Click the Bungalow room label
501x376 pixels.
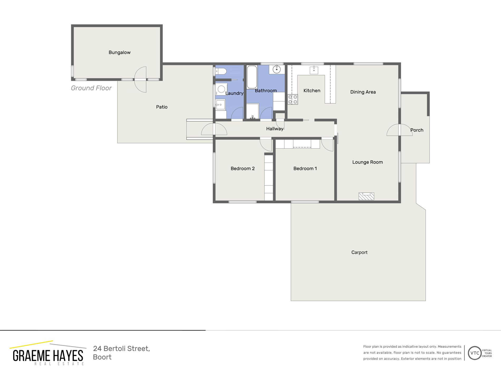coord(119,52)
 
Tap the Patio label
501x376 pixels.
coord(162,107)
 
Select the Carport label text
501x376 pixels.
coord(359,252)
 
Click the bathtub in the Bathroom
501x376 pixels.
coord(252,77)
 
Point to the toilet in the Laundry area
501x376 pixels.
coord(221,71)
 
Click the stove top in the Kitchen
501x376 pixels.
coord(293,99)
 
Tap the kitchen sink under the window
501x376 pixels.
coord(314,70)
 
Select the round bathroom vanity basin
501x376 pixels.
coord(276,70)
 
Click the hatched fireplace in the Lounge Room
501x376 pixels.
coord(366,196)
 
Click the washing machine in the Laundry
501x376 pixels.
coord(221,89)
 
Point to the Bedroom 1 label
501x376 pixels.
coord(305,168)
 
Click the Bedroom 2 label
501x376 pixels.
coord(243,168)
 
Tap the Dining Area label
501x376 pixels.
coord(363,92)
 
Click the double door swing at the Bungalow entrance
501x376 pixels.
coord(141,79)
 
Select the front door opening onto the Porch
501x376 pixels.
coord(399,130)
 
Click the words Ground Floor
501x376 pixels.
coord(91,88)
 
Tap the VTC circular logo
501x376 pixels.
coord(475,353)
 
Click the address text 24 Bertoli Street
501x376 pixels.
coord(121,349)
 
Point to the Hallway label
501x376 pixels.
coord(274,129)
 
